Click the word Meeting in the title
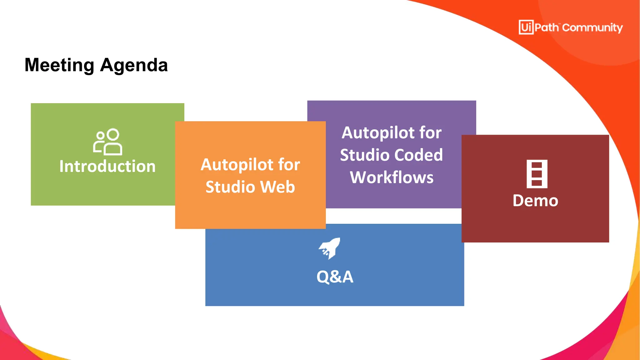(x=59, y=65)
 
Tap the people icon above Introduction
(x=107, y=142)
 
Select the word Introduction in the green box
(x=107, y=166)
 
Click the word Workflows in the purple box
(x=392, y=177)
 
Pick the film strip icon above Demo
(x=537, y=174)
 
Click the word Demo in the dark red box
(x=535, y=201)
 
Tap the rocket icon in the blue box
(x=329, y=248)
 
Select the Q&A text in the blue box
(x=335, y=277)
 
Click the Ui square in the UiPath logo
(x=526, y=27)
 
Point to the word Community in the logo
(x=592, y=28)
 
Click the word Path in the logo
(x=546, y=27)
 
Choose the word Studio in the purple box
(x=364, y=155)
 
